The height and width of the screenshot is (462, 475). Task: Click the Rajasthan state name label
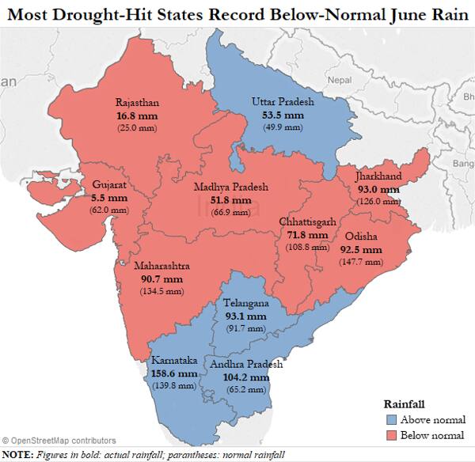pos(137,103)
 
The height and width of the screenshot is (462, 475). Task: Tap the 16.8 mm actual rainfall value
pos(136,116)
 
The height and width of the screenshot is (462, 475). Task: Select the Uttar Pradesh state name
pos(283,102)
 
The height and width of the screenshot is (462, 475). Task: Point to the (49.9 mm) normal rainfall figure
pos(283,127)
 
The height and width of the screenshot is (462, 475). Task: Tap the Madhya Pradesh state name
pos(231,187)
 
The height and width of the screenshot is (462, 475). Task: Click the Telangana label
pos(245,304)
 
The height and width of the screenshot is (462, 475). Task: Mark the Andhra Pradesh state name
pos(245,365)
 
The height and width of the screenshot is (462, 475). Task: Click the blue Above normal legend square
pos(389,420)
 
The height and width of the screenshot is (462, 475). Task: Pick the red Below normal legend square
pos(389,435)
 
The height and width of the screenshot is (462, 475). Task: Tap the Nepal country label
pos(340,81)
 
